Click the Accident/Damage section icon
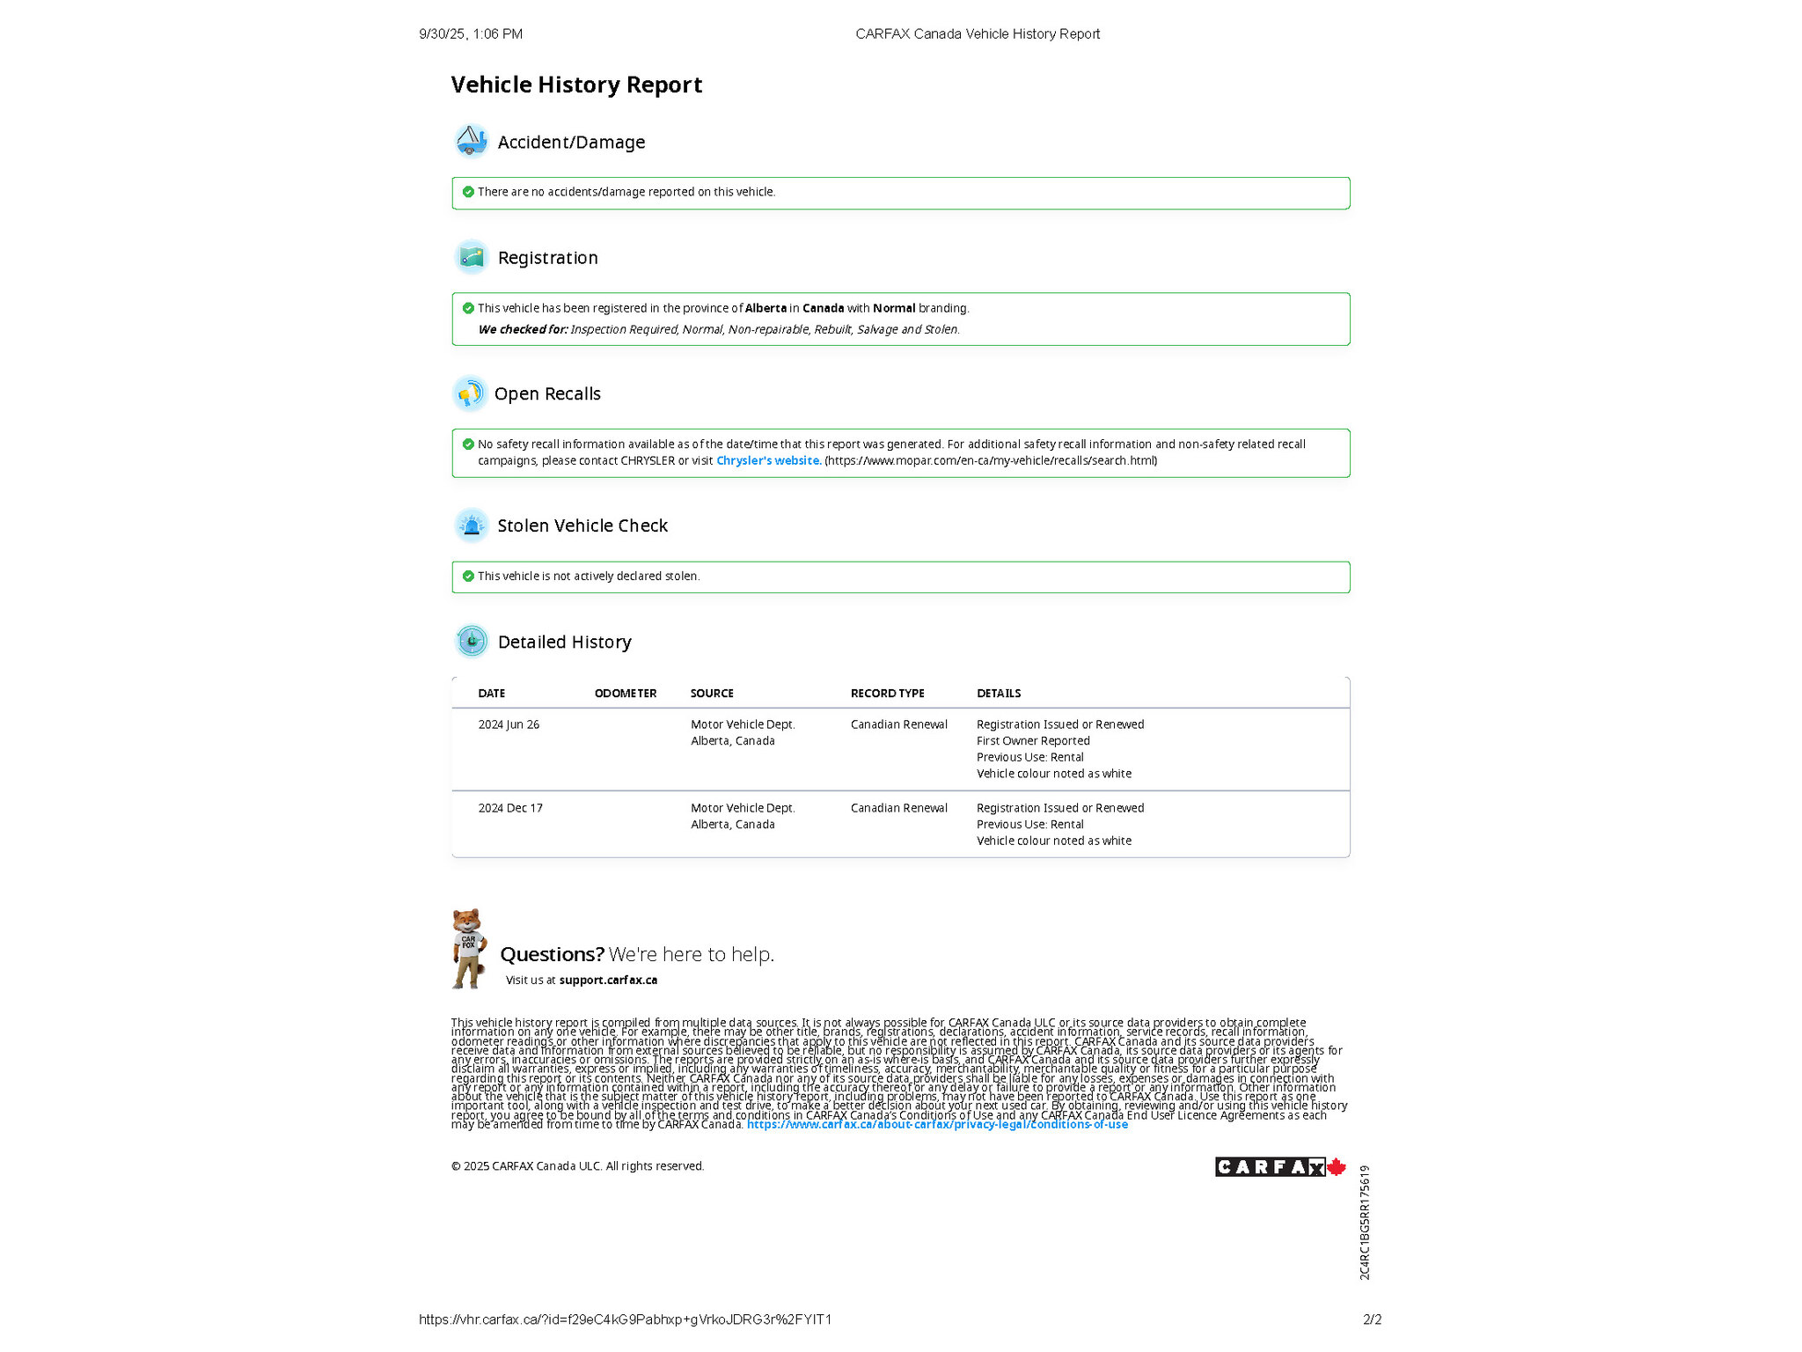click(472, 141)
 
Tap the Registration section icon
click(472, 257)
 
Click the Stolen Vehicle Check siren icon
click(472, 525)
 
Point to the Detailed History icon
click(472, 642)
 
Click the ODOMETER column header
click(625, 694)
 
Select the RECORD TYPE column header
click(887, 694)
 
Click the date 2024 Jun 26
click(509, 724)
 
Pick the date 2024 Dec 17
click(510, 808)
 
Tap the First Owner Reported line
click(1033, 741)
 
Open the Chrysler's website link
click(768, 460)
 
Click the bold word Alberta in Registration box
click(765, 308)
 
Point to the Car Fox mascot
click(468, 948)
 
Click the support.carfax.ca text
click(608, 980)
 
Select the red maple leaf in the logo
click(1336, 1167)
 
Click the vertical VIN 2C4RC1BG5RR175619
click(1365, 1222)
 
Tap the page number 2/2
click(1372, 1319)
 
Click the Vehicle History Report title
click(576, 84)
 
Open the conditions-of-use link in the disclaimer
click(937, 1125)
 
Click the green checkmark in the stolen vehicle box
click(468, 577)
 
